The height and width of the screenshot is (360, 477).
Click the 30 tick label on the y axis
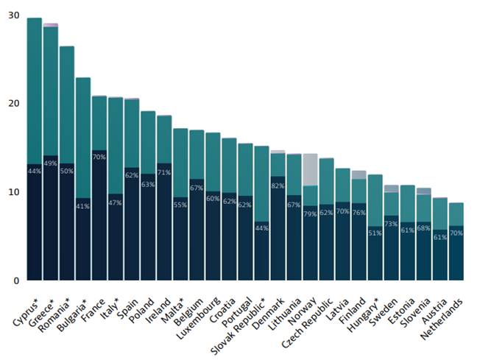[x=13, y=14]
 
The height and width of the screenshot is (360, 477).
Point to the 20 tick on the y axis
[x=13, y=103]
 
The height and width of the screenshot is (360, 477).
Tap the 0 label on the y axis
[x=16, y=280]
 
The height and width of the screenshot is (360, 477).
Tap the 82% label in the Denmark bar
[x=278, y=186]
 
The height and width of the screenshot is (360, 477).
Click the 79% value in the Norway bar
[x=310, y=214]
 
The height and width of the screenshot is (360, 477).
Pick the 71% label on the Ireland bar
[x=164, y=172]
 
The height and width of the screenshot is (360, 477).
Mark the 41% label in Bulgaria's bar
[x=83, y=206]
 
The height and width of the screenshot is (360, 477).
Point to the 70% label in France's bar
[x=99, y=157]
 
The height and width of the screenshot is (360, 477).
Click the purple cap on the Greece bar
[x=51, y=25]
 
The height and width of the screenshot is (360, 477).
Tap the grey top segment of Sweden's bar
[x=391, y=188]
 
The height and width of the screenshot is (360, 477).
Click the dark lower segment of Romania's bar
[x=67, y=221]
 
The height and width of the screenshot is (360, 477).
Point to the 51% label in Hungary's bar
[x=375, y=233]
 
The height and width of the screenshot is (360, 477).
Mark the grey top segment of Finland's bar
[x=358, y=174]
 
